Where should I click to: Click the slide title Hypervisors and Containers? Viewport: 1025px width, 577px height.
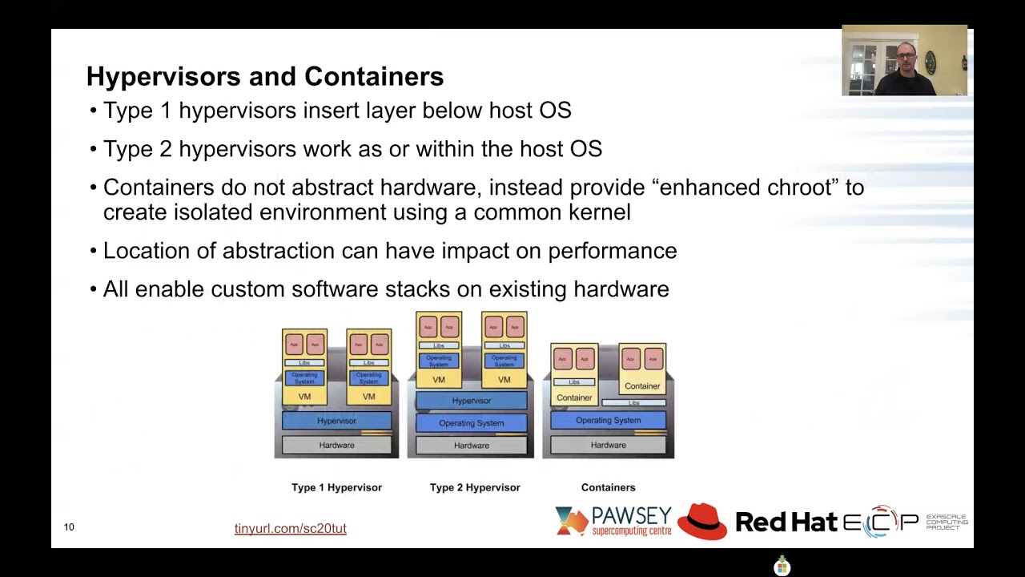[x=264, y=77]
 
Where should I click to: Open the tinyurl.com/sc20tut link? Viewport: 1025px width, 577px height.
[x=290, y=529]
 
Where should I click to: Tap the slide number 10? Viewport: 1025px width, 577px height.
[x=69, y=527]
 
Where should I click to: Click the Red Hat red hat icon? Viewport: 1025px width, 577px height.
[x=701, y=521]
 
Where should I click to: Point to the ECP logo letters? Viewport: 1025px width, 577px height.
[x=880, y=523]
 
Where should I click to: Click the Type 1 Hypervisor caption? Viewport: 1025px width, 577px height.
[x=336, y=487]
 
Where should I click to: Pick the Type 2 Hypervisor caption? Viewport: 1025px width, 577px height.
[x=475, y=487]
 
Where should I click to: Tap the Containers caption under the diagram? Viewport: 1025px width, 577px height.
[x=608, y=487]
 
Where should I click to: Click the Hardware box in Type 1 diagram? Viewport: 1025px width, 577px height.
[x=336, y=445]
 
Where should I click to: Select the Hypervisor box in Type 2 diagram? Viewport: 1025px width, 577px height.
[x=471, y=401]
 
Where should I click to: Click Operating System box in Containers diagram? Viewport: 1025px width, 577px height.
[x=608, y=420]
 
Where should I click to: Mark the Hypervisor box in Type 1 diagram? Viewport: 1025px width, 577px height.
[x=336, y=421]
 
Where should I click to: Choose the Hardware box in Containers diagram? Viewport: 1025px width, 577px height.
[x=608, y=445]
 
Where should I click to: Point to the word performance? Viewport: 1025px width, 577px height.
[x=612, y=251]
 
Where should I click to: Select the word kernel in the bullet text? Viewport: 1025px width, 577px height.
[x=599, y=212]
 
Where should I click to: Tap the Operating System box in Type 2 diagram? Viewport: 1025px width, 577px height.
[x=471, y=423]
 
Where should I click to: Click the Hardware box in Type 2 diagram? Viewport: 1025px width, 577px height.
[x=471, y=446]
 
